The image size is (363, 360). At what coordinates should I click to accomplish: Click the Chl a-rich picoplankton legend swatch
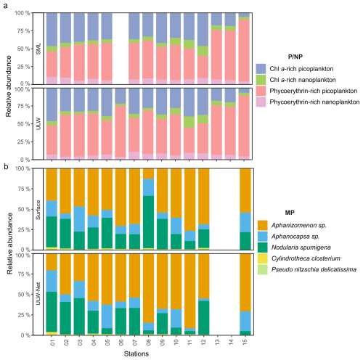pyautogui.click(x=261, y=69)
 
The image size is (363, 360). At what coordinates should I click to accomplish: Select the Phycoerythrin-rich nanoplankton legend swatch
pyautogui.click(x=261, y=102)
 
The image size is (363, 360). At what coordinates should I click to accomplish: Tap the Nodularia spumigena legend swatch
pyautogui.click(x=263, y=247)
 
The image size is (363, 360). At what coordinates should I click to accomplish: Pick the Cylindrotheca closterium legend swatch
pyautogui.click(x=263, y=258)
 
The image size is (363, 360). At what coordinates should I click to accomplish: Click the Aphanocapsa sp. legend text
pyautogui.click(x=295, y=237)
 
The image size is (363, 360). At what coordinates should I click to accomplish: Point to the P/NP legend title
pyautogui.click(x=295, y=57)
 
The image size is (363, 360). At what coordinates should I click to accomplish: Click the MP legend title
pyautogui.click(x=290, y=213)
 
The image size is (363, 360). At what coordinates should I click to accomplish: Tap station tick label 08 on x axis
pyautogui.click(x=149, y=342)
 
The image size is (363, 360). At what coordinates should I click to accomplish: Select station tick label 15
pyautogui.click(x=245, y=342)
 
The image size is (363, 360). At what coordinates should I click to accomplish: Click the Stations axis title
pyautogui.click(x=136, y=353)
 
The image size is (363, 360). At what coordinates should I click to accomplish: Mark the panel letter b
pyautogui.click(x=6, y=167)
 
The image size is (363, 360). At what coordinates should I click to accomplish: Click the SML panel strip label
pyautogui.click(x=38, y=49)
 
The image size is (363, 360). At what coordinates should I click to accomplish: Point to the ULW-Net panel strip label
pyautogui.click(x=38, y=294)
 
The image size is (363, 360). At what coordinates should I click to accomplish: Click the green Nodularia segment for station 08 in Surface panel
pyautogui.click(x=149, y=222)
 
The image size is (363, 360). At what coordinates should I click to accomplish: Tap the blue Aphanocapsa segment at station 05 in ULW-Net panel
pyautogui.click(x=107, y=316)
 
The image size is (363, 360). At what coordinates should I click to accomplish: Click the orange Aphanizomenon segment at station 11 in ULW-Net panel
pyautogui.click(x=190, y=291)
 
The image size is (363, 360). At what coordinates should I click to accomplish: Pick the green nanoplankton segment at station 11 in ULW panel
pyautogui.click(x=189, y=122)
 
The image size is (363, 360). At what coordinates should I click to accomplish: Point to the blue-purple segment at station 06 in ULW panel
pyautogui.click(x=121, y=96)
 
